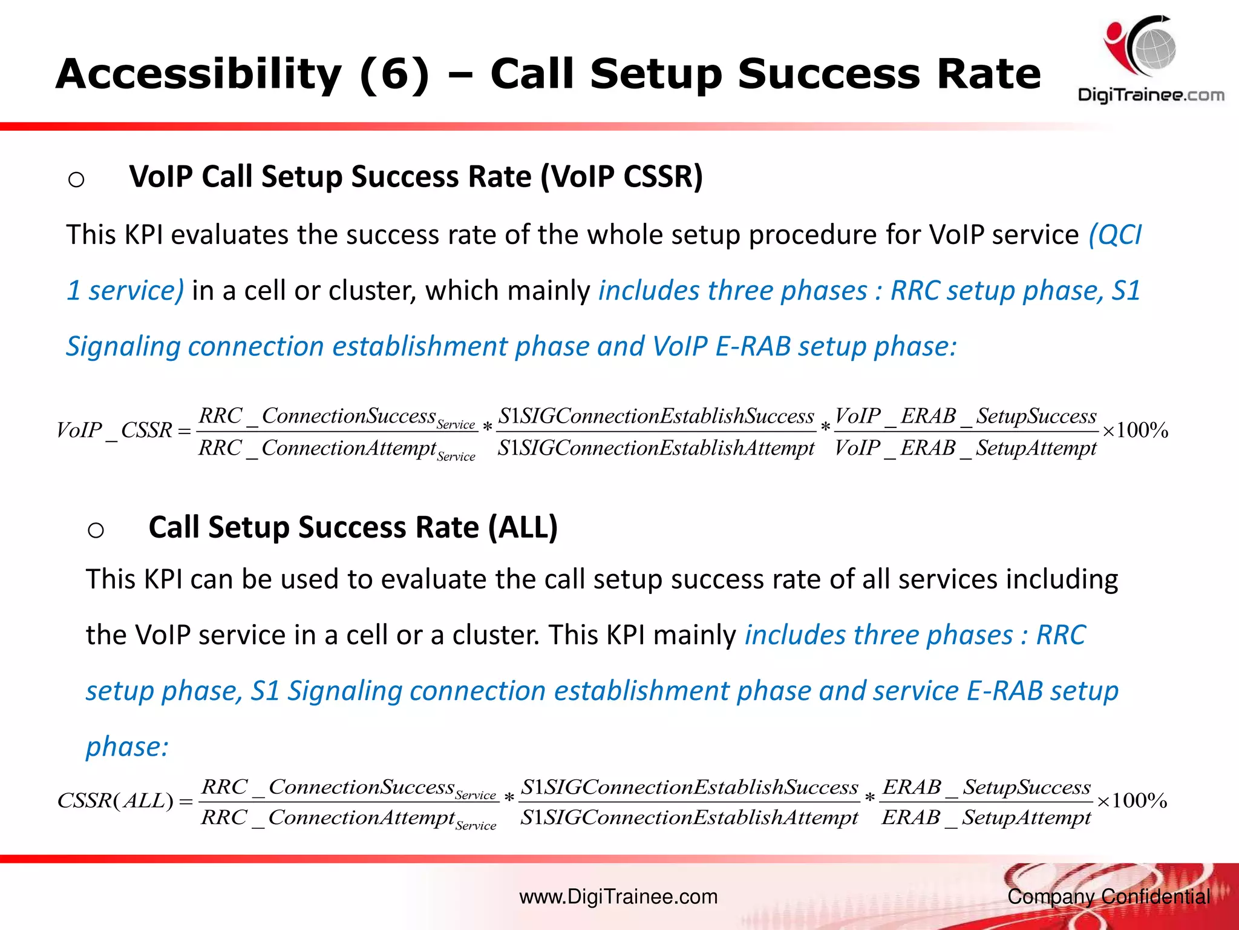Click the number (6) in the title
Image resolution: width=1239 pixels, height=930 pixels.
coord(394,74)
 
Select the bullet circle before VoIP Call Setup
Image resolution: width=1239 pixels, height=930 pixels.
coord(76,180)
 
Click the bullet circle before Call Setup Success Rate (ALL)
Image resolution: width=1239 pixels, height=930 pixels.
coord(96,530)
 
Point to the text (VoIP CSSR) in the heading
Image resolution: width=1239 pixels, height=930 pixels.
coord(621,177)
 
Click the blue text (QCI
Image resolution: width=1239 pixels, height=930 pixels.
coord(1114,235)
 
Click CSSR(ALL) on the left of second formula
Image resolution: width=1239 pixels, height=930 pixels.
coord(116,801)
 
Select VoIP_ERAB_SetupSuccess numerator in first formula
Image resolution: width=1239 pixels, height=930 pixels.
coord(966,416)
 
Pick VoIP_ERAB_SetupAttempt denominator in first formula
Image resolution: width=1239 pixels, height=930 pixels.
coord(966,448)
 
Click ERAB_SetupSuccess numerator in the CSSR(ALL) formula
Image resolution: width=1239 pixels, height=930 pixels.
coord(987,787)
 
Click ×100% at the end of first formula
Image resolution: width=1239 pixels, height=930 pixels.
coord(1135,430)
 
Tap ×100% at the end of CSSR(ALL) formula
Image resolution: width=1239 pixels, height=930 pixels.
coord(1131,801)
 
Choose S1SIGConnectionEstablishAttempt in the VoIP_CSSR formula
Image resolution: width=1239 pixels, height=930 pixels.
coord(656,448)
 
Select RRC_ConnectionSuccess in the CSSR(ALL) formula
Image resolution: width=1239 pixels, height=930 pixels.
coord(328,787)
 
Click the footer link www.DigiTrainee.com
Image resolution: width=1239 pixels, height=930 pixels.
coord(618,897)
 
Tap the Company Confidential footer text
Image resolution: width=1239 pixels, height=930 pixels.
coord(1108,897)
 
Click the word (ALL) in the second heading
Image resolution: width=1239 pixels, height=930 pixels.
coord(523,527)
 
